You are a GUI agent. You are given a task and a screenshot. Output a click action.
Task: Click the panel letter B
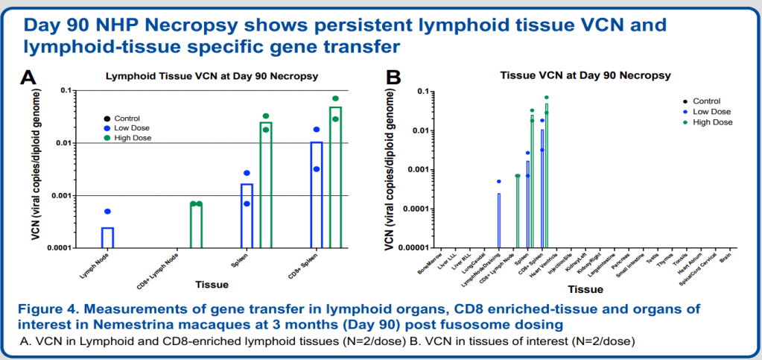coord(393,78)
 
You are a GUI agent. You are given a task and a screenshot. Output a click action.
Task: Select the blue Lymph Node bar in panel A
coord(107,238)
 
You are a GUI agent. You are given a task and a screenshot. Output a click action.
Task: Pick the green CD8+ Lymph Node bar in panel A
coord(196,225)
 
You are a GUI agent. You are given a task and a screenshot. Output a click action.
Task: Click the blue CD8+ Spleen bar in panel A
coord(317,195)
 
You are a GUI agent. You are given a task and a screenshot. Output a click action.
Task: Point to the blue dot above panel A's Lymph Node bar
coord(107,212)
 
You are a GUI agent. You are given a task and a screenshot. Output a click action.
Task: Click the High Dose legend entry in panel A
coord(133,138)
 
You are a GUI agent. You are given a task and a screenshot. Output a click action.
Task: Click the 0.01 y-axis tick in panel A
coord(68,143)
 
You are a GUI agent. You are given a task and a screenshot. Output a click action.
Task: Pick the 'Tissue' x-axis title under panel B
coord(583,289)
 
